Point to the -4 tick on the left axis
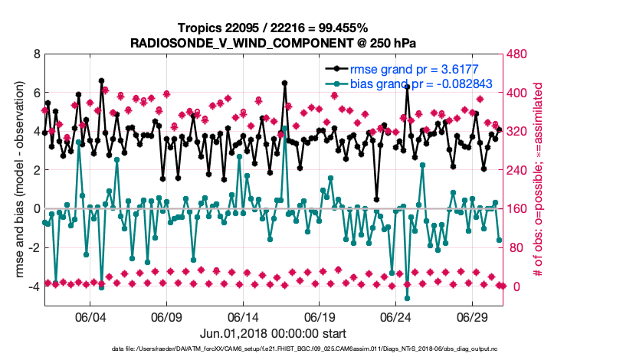[34, 286]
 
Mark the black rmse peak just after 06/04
[101, 80]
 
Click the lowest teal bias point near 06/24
[407, 298]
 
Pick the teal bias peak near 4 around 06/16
[284, 129]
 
